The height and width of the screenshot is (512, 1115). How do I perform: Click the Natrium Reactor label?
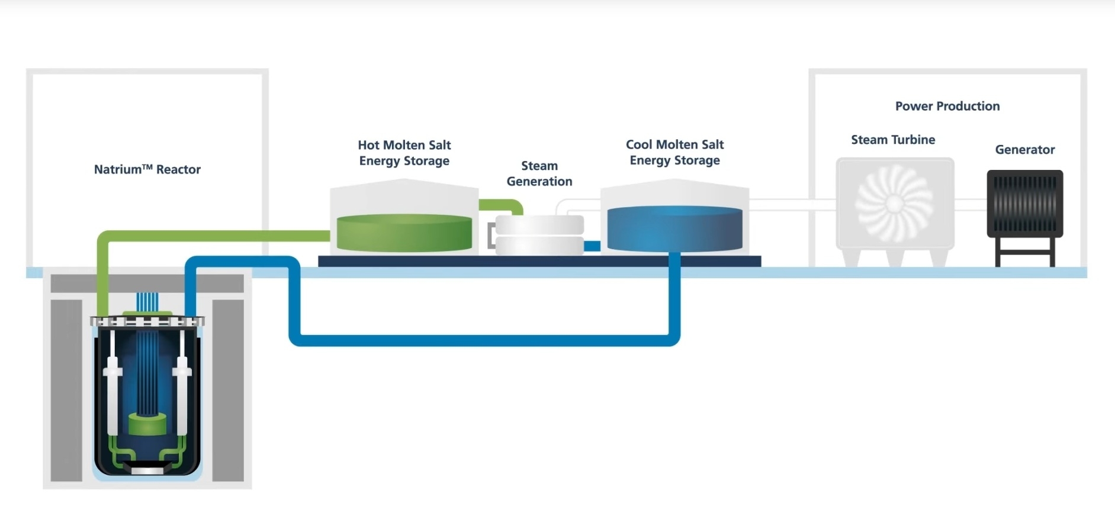pos(147,169)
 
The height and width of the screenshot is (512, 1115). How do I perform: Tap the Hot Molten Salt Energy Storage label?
pos(404,153)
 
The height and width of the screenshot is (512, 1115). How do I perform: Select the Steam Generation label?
pos(539,173)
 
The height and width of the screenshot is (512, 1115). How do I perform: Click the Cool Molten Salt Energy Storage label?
pos(675,152)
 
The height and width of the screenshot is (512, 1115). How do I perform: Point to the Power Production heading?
pos(947,106)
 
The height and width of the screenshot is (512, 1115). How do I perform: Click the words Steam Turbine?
pos(893,140)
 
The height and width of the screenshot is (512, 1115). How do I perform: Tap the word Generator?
pos(1024,150)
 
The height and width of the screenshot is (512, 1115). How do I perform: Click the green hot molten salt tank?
pos(404,233)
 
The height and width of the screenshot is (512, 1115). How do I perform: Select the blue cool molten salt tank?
pos(675,230)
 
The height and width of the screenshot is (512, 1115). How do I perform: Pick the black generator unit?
pos(1024,204)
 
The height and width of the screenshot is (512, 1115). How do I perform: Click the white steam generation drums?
pos(539,235)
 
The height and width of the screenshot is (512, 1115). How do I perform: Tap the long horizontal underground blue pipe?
pos(486,340)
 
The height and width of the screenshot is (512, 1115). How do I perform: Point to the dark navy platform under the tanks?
pos(539,261)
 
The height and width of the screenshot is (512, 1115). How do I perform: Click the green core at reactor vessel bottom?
pos(147,424)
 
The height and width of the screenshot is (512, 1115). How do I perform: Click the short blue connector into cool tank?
pos(592,246)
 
